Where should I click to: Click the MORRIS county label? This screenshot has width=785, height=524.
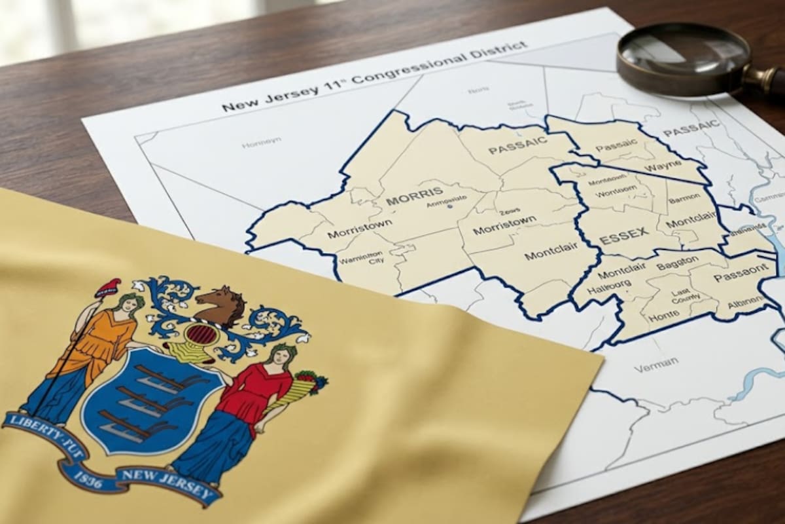coord(410,198)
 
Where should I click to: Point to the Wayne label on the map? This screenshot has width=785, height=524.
coord(658,167)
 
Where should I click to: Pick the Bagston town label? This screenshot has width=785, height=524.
coord(677,264)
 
